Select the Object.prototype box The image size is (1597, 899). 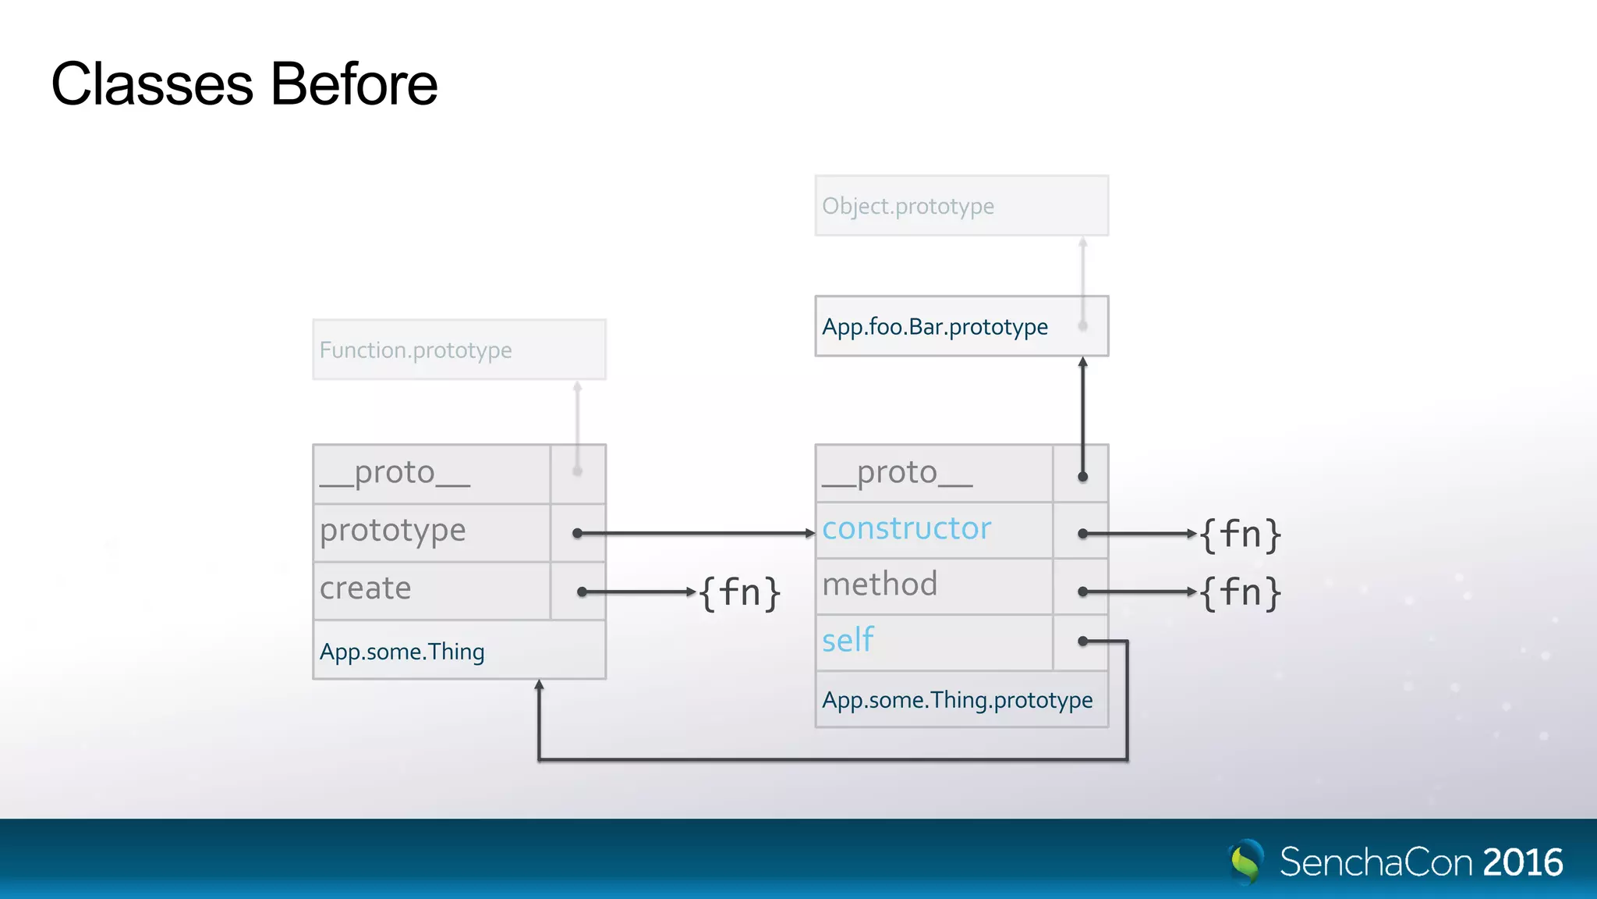point(961,206)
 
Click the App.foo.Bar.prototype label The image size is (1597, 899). point(934,326)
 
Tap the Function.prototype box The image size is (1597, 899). point(459,350)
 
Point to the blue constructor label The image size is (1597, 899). point(906,529)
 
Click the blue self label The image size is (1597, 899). point(848,641)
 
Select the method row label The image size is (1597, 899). point(880,585)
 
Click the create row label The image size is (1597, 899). point(365,588)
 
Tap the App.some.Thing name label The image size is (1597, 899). point(402,652)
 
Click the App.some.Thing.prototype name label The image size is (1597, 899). point(957,700)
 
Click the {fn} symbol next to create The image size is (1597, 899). point(738,593)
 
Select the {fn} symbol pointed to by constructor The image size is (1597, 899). point(1239,535)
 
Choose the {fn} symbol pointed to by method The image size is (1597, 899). point(1239,593)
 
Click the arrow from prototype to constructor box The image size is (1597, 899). point(694,534)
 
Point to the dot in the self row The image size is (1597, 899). point(1082,641)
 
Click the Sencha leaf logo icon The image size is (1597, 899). point(1245,862)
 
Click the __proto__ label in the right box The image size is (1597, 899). point(897,473)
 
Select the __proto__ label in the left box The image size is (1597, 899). point(395,473)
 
